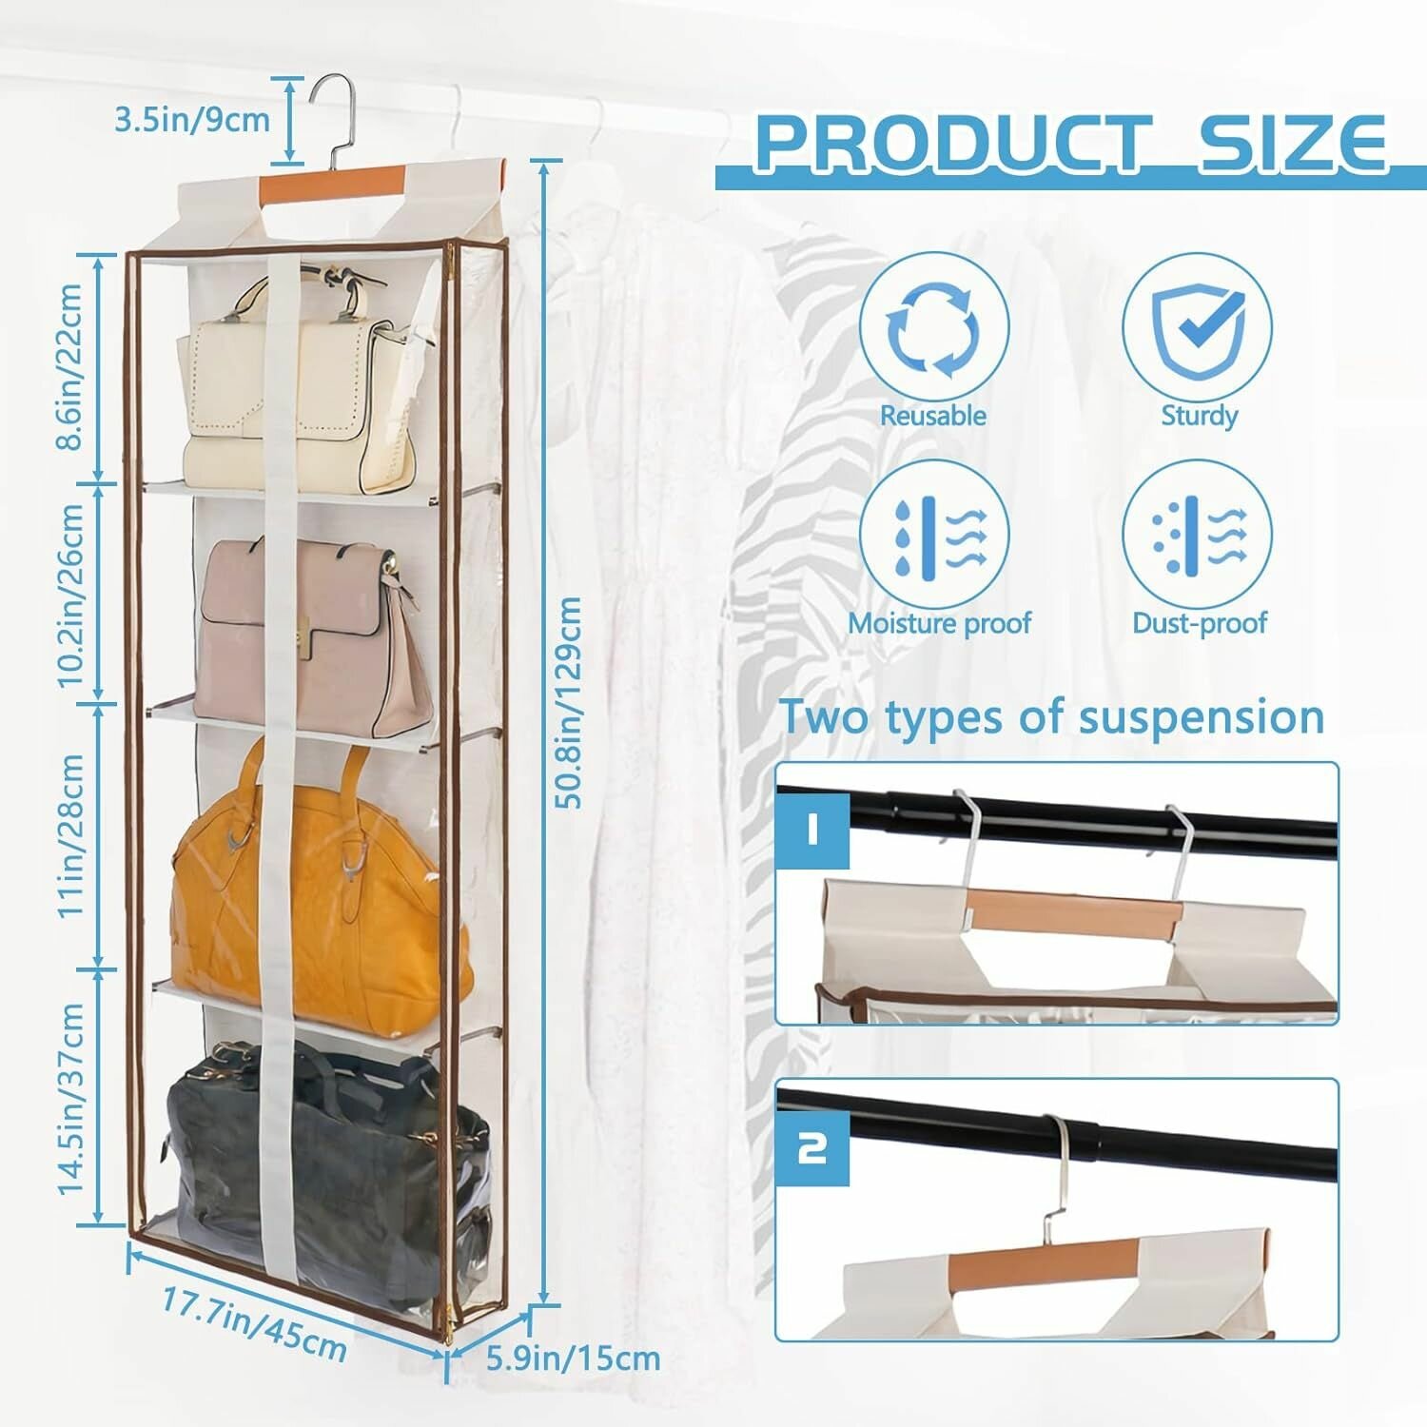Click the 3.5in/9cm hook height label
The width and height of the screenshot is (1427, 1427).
pyautogui.click(x=192, y=120)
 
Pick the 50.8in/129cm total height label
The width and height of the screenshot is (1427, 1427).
pyautogui.click(x=568, y=702)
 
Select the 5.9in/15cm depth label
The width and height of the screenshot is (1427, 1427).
pyautogui.click(x=573, y=1358)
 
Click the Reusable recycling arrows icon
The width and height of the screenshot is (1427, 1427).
pyautogui.click(x=933, y=328)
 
